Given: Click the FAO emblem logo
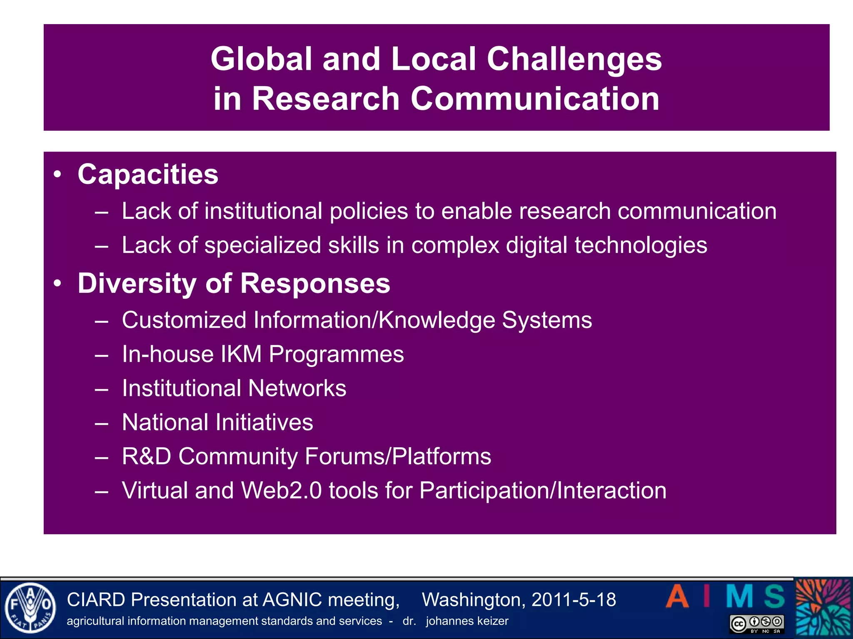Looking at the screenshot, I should [x=30, y=608].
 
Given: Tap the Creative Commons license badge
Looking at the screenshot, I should [x=757, y=624].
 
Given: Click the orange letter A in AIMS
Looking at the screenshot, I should [x=677, y=597].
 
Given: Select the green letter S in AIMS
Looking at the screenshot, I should [x=774, y=597].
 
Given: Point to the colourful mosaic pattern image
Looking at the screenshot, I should [x=823, y=608].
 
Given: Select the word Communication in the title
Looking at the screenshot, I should [x=535, y=99].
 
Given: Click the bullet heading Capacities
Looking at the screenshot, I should [x=148, y=174].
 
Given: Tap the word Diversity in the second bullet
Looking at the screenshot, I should [x=137, y=284].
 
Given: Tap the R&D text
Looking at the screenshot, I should [x=147, y=457].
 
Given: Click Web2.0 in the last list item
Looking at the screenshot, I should [x=282, y=491].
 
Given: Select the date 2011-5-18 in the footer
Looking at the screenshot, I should [x=574, y=600].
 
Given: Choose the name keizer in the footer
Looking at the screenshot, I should [x=492, y=621].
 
